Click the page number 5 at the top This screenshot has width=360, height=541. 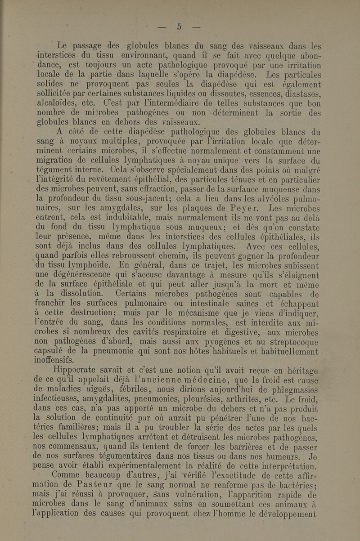[179, 27]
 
